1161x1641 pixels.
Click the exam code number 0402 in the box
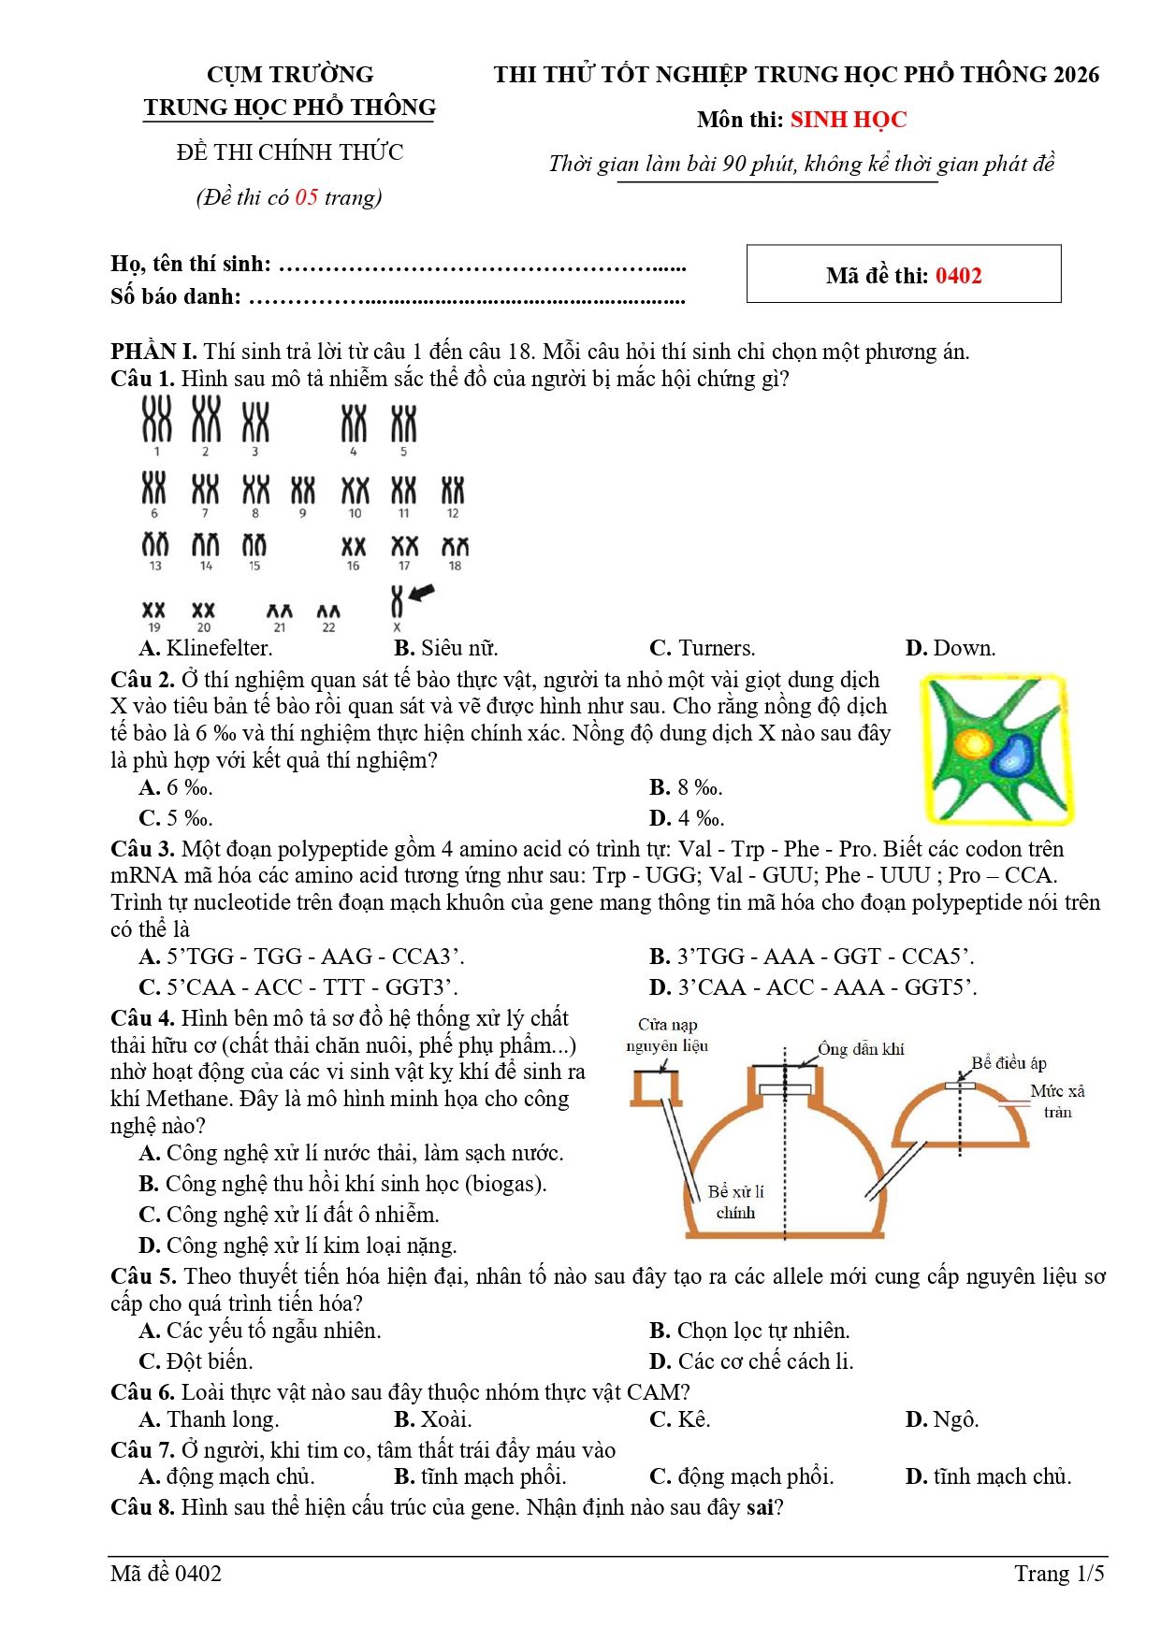click(x=958, y=276)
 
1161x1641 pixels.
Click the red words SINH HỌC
click(x=848, y=120)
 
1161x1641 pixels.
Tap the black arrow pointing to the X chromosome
click(x=422, y=592)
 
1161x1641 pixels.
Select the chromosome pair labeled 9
click(x=302, y=491)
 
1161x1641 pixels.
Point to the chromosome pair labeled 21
click(x=279, y=612)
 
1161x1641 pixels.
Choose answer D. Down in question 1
click(x=951, y=648)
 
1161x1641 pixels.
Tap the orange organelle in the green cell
click(x=974, y=745)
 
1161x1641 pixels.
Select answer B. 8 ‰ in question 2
click(x=686, y=787)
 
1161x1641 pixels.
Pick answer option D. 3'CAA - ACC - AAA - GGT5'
click(x=812, y=987)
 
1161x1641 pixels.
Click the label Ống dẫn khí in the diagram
click(x=861, y=1049)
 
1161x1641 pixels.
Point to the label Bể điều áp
click(x=1009, y=1063)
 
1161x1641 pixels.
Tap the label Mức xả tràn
click(x=1057, y=1101)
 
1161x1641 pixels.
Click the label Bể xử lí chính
click(x=735, y=1202)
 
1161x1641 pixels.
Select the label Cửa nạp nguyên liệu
click(x=667, y=1035)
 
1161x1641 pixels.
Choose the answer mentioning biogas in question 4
click(x=342, y=1184)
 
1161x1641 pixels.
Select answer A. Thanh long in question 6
click(x=210, y=1419)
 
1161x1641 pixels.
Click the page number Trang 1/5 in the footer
click(x=1059, y=1574)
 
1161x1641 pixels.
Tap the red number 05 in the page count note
click(x=307, y=197)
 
